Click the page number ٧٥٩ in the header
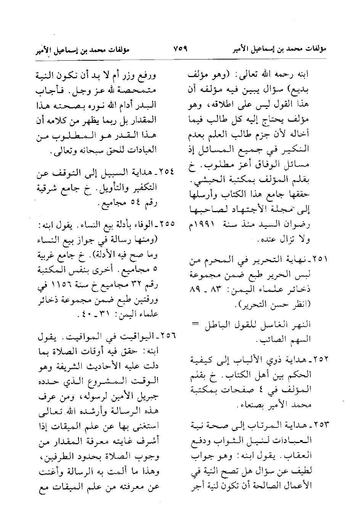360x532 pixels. [180, 49]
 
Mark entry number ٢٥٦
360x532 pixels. [166, 337]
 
